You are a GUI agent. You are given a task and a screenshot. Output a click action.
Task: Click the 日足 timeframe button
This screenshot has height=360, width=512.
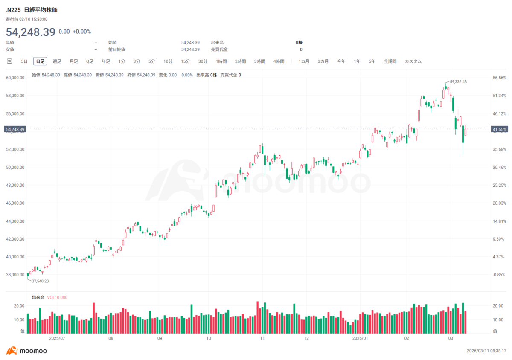click(40, 61)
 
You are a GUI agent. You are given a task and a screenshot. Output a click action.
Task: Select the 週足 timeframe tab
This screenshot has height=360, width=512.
click(57, 61)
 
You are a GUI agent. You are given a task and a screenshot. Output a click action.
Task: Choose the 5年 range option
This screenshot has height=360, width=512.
click(372, 61)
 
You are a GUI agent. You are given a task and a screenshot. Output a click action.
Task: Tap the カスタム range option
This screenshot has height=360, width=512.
click(413, 61)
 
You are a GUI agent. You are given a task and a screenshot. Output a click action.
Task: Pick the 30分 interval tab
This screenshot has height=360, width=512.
click(203, 61)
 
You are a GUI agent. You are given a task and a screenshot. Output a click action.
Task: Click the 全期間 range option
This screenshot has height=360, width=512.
click(390, 61)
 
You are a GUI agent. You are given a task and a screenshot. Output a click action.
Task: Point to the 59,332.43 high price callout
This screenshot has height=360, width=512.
click(458, 81)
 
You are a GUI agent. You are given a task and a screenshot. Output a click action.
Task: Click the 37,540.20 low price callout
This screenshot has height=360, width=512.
click(40, 281)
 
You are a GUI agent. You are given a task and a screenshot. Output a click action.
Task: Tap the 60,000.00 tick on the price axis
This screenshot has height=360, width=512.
click(15, 78)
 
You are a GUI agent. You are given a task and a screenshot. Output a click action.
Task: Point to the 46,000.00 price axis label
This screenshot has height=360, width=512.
click(15, 203)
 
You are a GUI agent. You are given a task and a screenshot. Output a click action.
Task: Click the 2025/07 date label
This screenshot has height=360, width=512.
click(57, 338)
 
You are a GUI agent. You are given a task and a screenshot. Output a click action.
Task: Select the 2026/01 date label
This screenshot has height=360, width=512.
click(360, 338)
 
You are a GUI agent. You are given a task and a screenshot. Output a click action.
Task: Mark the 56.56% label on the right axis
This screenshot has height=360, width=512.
click(500, 78)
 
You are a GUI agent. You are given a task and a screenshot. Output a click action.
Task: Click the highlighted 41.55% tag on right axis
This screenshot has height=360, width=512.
click(500, 129)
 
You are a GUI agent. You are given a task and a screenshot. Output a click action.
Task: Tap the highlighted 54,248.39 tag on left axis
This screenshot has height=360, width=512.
click(15, 129)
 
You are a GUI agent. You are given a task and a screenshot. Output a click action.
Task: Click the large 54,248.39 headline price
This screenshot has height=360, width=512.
click(31, 32)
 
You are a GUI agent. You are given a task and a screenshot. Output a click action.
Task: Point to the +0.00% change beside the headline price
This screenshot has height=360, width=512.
click(81, 32)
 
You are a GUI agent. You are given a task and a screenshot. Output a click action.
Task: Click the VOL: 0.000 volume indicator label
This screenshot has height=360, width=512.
click(57, 297)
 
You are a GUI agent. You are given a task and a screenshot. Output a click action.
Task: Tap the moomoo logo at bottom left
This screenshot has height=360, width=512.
click(26, 351)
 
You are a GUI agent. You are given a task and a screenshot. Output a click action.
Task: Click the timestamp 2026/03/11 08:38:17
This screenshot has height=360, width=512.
click(486, 351)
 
